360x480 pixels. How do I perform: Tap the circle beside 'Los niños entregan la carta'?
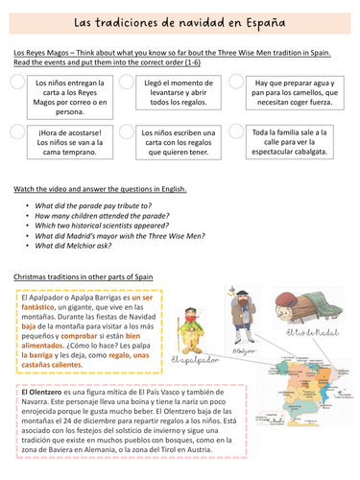click(18, 84)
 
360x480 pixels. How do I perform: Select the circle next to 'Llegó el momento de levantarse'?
click(128, 84)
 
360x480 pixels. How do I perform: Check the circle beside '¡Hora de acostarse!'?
click(18, 132)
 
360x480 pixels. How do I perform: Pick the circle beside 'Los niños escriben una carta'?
click(128, 132)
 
